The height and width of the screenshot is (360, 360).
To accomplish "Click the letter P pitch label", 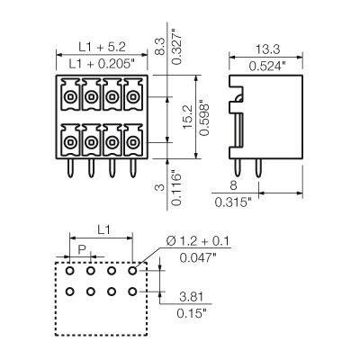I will [82, 248].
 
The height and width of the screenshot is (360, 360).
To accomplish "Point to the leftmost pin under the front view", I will [68, 168].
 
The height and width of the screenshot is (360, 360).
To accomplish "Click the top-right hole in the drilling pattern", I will [132, 269].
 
